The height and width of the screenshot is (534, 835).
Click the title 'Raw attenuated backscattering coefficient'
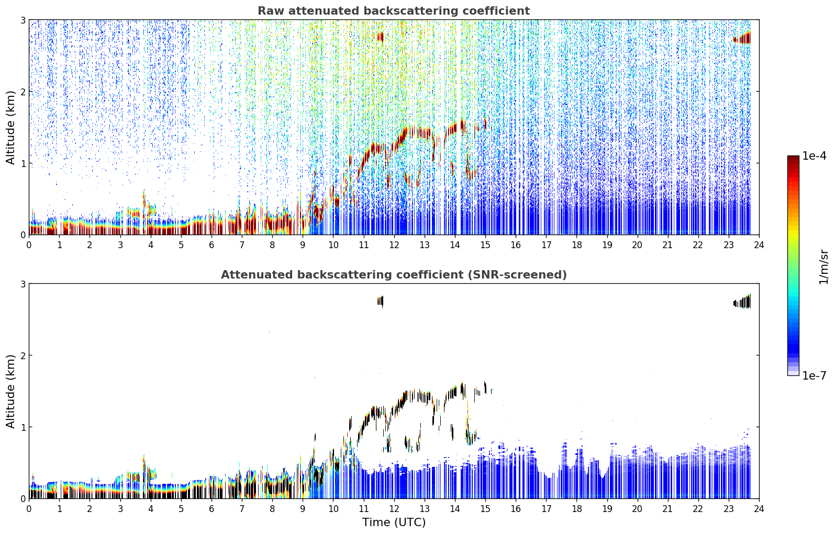(394, 11)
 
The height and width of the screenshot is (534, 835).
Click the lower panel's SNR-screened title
(394, 275)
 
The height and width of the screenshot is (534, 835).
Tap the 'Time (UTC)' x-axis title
(394, 522)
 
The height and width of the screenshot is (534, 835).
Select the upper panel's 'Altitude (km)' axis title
(10, 128)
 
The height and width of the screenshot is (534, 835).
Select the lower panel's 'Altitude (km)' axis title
(10, 391)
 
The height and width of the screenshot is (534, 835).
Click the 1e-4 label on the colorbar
(814, 156)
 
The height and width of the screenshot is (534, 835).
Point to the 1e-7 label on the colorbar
(814, 376)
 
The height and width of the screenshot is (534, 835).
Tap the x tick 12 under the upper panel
(394, 245)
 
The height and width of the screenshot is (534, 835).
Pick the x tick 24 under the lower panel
(759, 509)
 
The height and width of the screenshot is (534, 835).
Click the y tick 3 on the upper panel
(23, 20)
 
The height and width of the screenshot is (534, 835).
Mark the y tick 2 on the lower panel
(23, 355)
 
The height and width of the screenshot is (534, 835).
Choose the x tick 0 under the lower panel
(29, 509)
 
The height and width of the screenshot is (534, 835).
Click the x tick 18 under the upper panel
(577, 245)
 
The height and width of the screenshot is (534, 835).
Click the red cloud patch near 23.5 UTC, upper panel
(742, 38)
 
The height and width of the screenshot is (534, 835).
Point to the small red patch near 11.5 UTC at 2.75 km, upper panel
(380, 37)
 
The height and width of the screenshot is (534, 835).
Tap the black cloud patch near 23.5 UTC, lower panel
(742, 302)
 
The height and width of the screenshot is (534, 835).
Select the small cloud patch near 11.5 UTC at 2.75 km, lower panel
(380, 301)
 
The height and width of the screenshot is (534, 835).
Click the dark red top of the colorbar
(794, 159)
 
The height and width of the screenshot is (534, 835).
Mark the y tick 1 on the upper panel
(23, 163)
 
